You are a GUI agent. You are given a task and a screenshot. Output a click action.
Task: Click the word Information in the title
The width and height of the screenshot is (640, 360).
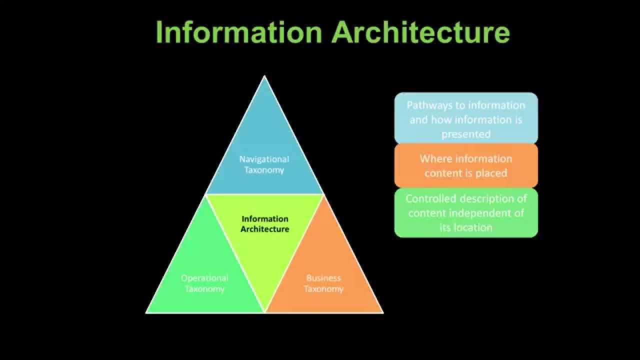238,32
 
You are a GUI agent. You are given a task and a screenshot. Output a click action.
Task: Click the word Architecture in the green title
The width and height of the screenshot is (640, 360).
420,32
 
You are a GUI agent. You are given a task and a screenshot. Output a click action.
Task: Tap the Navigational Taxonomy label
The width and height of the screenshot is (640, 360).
264,164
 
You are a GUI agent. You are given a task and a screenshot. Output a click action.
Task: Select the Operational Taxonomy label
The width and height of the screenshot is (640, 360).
204,283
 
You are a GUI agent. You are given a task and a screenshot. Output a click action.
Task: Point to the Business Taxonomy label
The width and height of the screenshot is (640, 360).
323,283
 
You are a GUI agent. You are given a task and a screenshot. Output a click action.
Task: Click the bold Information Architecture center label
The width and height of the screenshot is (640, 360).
265,223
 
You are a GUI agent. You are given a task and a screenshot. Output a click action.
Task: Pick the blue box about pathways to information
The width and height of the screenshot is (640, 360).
466,119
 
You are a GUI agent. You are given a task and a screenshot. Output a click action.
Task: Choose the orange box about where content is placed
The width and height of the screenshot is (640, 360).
466,165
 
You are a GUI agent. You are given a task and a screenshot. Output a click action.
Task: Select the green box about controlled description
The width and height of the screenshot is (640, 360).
466,212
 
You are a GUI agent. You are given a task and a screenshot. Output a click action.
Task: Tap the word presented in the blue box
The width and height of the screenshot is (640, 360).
466,134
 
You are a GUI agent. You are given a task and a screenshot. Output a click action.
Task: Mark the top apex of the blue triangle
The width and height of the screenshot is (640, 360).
264,76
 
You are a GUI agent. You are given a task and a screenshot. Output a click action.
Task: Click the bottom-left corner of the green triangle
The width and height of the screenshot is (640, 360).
146,312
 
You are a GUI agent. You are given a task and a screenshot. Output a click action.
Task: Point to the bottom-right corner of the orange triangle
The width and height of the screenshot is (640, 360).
382,312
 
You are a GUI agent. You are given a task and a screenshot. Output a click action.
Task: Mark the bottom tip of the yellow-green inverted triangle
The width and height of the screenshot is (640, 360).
264,311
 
